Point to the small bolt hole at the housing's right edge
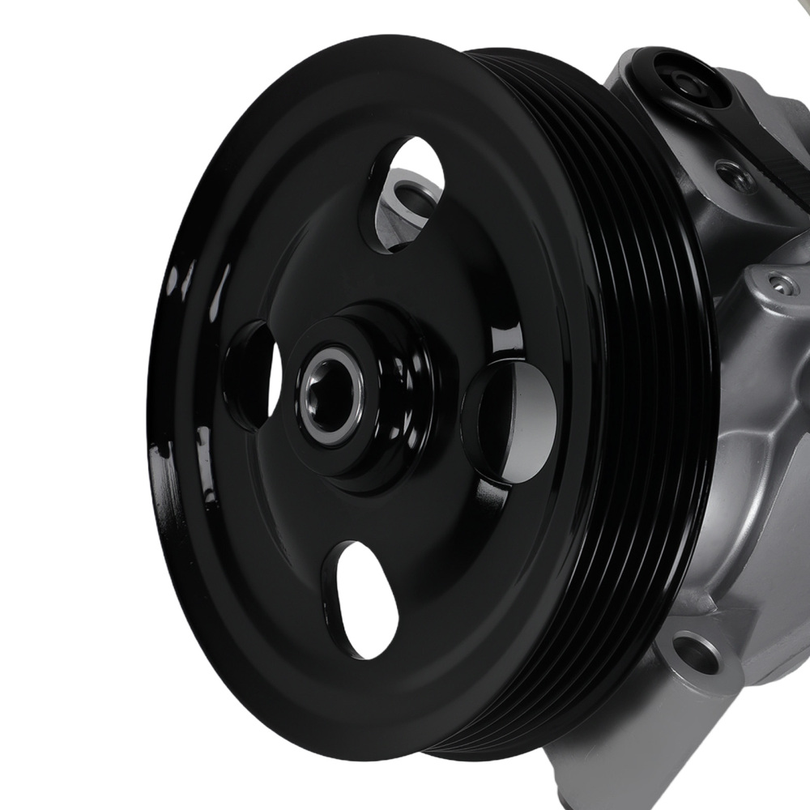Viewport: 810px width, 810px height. coord(778,283)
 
